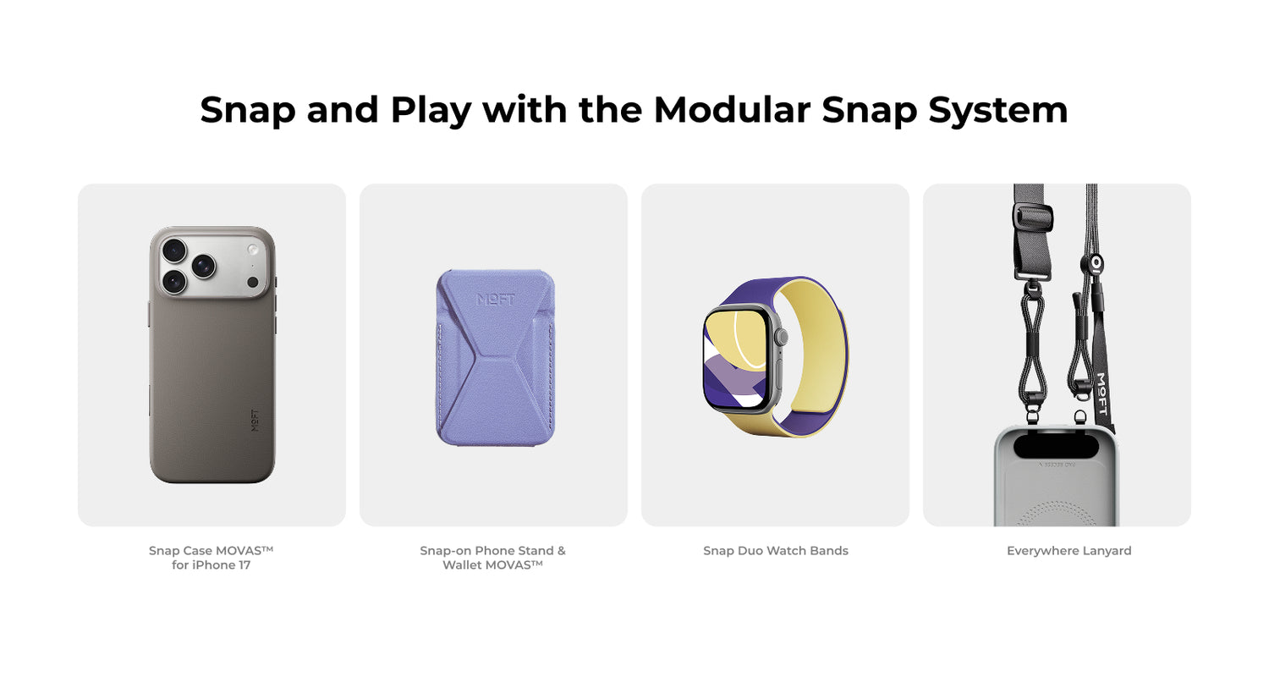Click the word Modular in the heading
click(x=732, y=109)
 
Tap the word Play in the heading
click(x=431, y=111)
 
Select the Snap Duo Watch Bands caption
click(x=776, y=551)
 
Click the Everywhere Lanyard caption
click(x=1069, y=551)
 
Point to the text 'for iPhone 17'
click(x=211, y=564)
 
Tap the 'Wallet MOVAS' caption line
click(x=493, y=564)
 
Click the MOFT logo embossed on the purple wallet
click(x=496, y=299)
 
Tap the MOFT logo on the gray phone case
click(x=255, y=420)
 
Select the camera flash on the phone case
click(x=253, y=250)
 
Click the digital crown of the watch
click(x=782, y=337)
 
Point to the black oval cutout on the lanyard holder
click(x=1056, y=446)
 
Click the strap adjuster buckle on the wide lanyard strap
click(x=1033, y=217)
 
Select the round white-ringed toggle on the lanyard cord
click(x=1096, y=262)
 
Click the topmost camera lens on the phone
click(x=174, y=250)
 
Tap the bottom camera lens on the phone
click(x=175, y=281)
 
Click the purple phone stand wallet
click(x=496, y=357)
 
